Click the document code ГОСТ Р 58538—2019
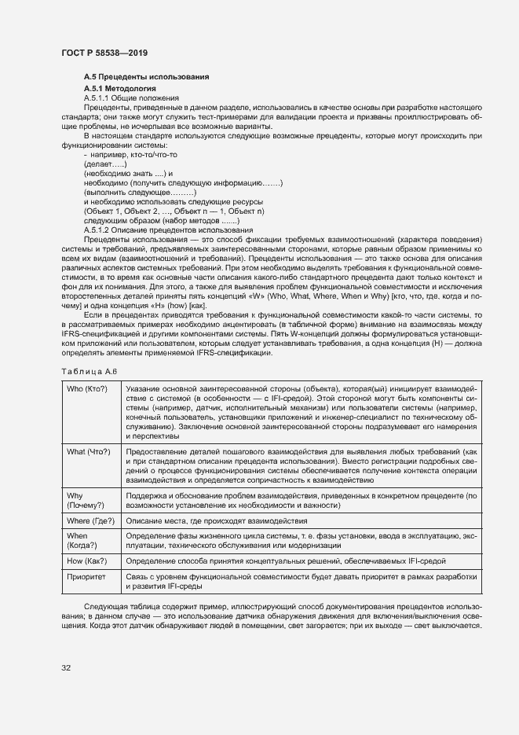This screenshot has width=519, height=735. click(x=104, y=53)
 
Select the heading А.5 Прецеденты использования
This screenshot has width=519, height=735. click(x=146, y=76)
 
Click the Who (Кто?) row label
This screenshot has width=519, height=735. click(x=88, y=388)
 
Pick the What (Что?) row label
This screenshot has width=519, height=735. click(x=89, y=452)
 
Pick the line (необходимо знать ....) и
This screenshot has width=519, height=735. click(x=127, y=173)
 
